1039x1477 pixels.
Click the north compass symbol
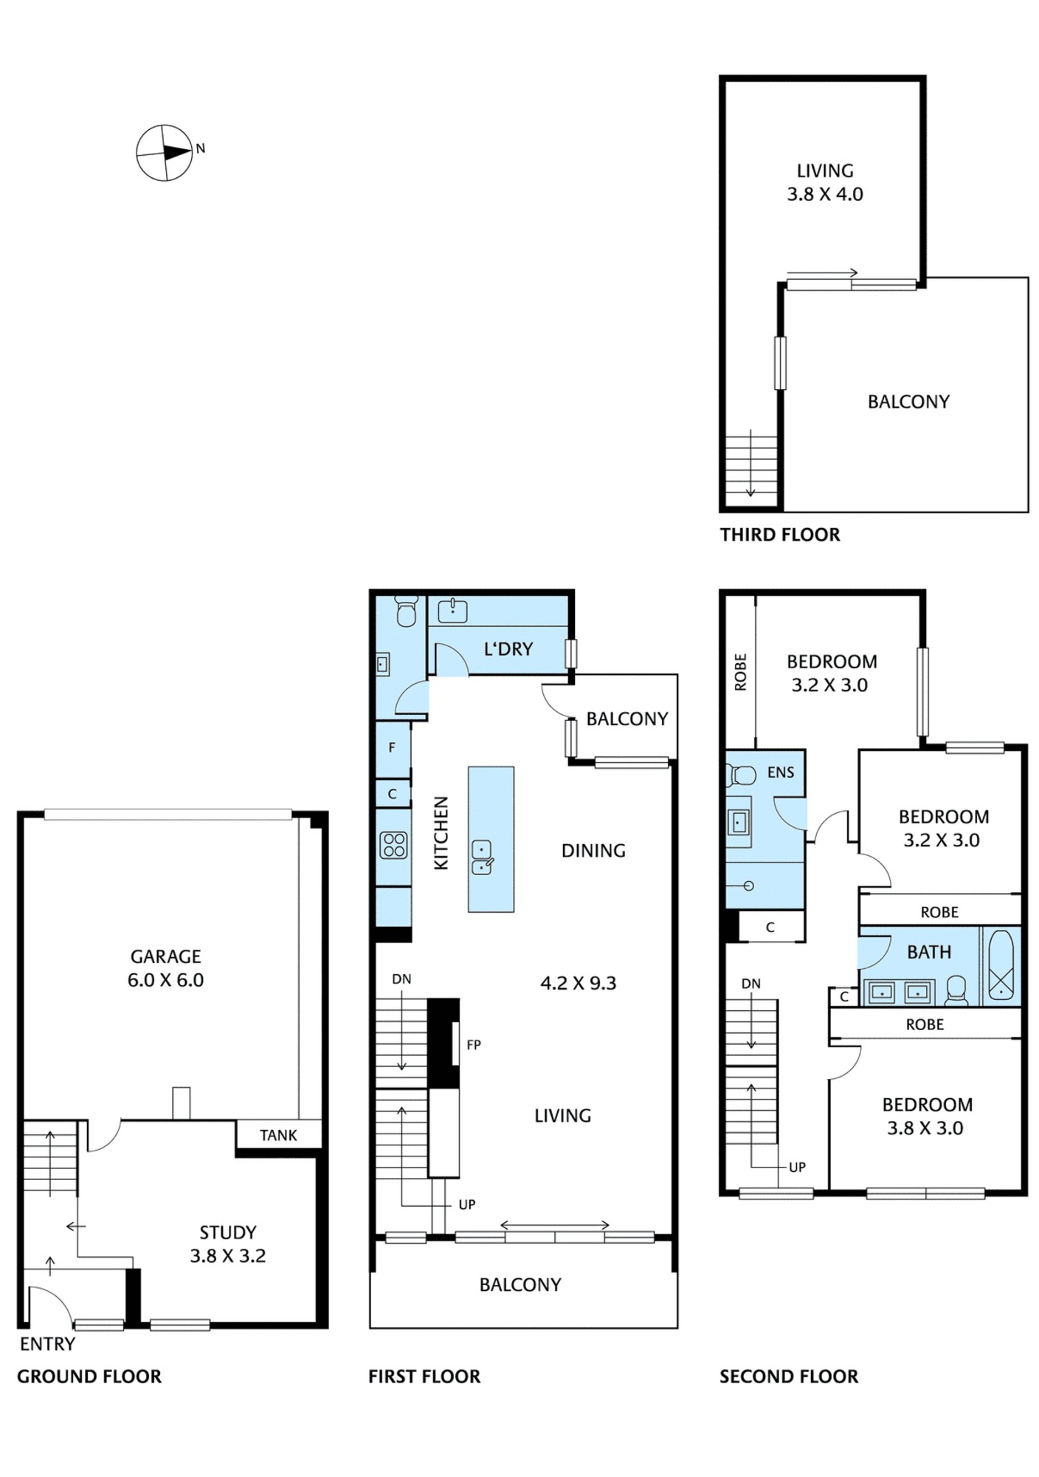pyautogui.click(x=165, y=153)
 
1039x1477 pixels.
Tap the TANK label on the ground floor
pyautogui.click(x=278, y=1135)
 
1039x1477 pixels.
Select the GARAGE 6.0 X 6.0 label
pyautogui.click(x=165, y=968)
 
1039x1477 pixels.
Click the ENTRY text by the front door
pyautogui.click(x=47, y=1344)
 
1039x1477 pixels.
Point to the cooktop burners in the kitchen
pyautogui.click(x=394, y=845)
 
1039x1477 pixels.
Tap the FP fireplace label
pyautogui.click(x=474, y=1045)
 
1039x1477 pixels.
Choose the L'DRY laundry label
pyautogui.click(x=508, y=649)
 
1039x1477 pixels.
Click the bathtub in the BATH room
pyautogui.click(x=1001, y=965)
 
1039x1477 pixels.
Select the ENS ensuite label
pyautogui.click(x=781, y=772)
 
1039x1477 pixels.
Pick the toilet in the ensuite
pyautogui.click(x=742, y=775)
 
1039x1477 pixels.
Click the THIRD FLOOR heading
pyautogui.click(x=780, y=535)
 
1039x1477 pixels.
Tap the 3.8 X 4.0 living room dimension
pyautogui.click(x=825, y=194)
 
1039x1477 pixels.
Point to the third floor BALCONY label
pyautogui.click(x=908, y=402)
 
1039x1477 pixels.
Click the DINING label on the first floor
pyautogui.click(x=593, y=851)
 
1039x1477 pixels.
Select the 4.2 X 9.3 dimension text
pyautogui.click(x=579, y=983)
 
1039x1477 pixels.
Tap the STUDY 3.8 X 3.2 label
pyautogui.click(x=228, y=1244)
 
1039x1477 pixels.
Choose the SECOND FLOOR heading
pyautogui.click(x=789, y=1377)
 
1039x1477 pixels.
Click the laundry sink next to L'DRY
pyautogui.click(x=452, y=611)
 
